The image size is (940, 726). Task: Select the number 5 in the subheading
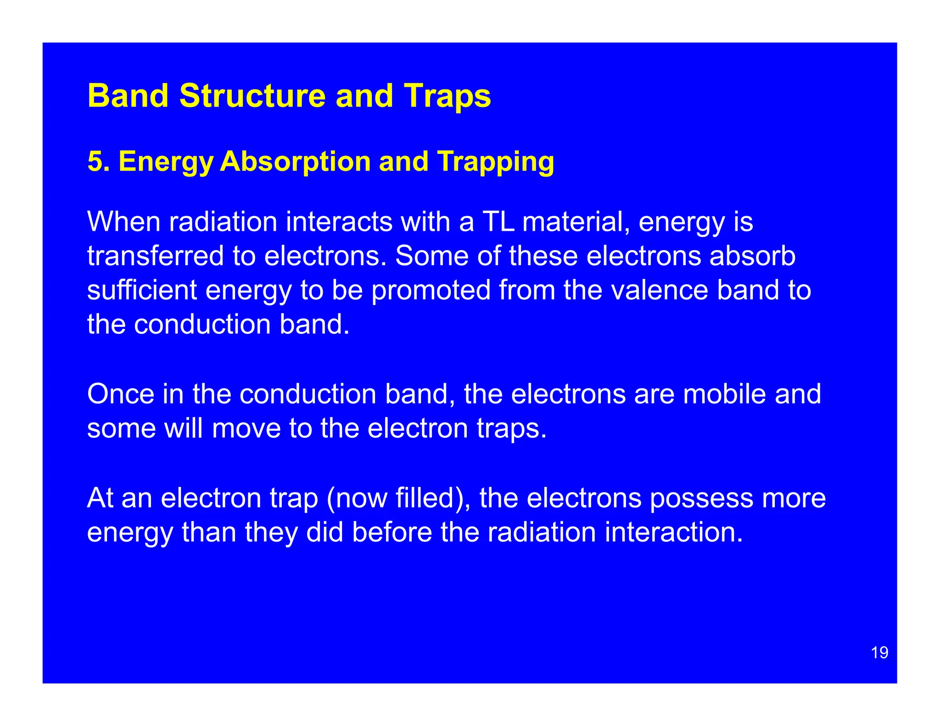[94, 162]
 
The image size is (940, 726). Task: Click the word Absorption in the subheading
[295, 162]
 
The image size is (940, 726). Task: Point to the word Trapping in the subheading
[495, 162]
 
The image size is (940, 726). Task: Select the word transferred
[155, 256]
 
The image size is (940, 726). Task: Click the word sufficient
[142, 290]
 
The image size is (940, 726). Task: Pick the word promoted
[431, 290]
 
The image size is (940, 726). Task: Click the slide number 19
[879, 653]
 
